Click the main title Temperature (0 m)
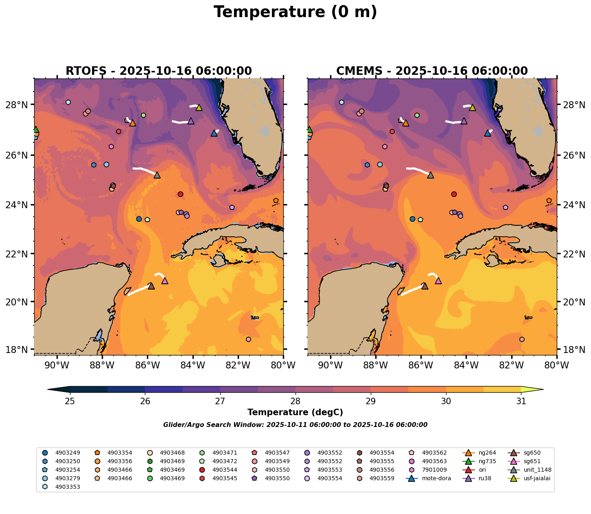click(x=295, y=12)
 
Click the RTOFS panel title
click(x=158, y=71)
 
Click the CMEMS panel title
click(x=432, y=71)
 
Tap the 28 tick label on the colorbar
click(x=295, y=401)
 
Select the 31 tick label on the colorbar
click(x=521, y=401)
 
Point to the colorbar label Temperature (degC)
click(x=295, y=412)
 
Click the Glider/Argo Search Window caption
click(x=295, y=425)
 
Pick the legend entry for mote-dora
click(x=436, y=478)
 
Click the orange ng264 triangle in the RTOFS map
click(x=132, y=123)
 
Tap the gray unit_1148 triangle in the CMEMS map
click(x=431, y=175)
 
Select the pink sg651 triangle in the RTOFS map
click(x=165, y=281)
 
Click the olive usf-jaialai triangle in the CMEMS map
click(x=473, y=107)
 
